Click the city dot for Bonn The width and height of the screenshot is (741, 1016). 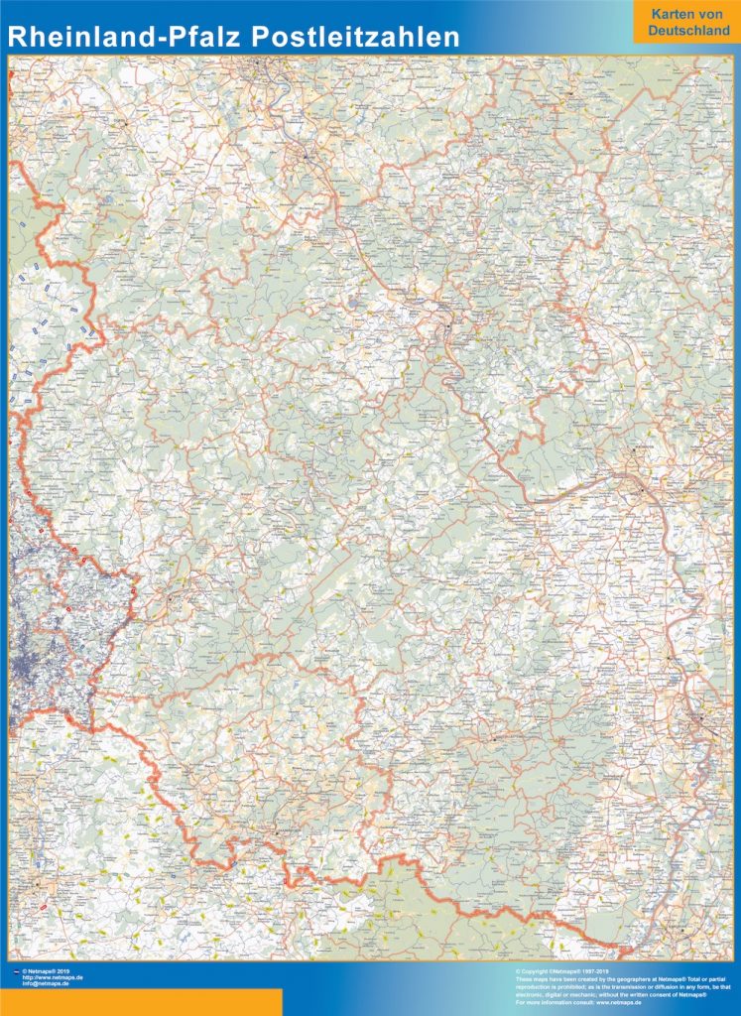pos(306,157)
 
